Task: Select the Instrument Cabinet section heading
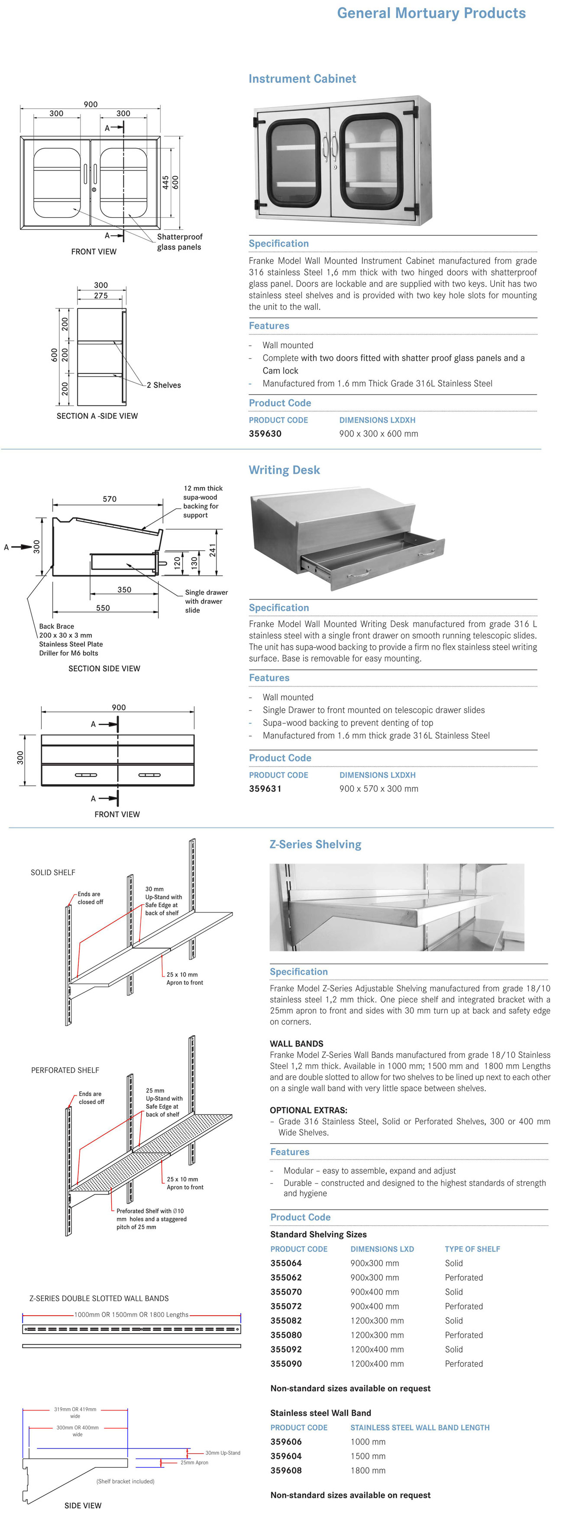point(302,79)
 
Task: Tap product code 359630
point(265,434)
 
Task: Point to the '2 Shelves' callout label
point(163,385)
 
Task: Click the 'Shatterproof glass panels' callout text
point(179,242)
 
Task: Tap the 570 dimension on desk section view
point(110,499)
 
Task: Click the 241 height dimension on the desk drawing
point(213,550)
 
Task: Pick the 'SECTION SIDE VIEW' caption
point(104,668)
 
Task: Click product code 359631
point(265,789)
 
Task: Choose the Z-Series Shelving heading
point(315,845)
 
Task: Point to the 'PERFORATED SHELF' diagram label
point(65,1070)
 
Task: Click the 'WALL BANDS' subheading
point(296,1044)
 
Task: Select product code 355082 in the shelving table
point(286,1320)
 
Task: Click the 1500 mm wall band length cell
point(368,1456)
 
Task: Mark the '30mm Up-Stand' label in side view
point(223,1453)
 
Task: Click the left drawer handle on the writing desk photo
point(358,574)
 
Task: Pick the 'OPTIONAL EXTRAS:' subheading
point(308,1110)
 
